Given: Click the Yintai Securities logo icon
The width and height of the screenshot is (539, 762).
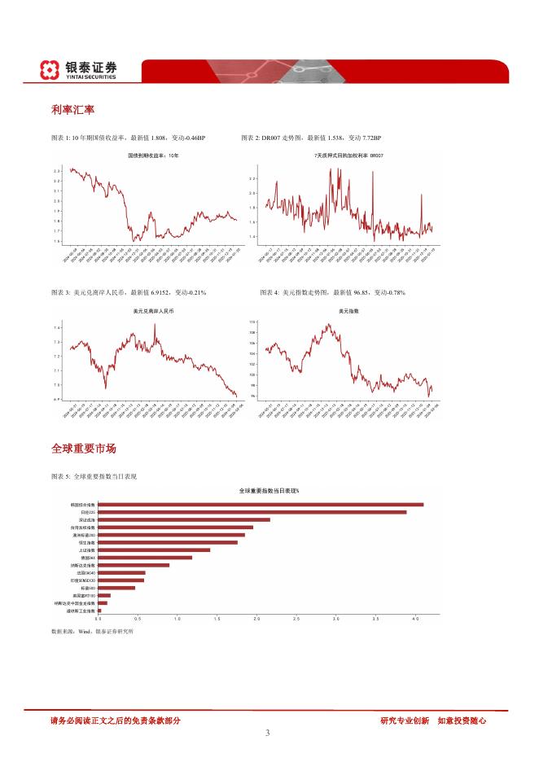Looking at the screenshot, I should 50,70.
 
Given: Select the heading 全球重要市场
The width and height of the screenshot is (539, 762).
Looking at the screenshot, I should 83,449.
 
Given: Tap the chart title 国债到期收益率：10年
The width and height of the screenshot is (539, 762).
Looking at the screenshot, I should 152,155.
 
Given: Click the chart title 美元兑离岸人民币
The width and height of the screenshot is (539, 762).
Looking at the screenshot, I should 152,311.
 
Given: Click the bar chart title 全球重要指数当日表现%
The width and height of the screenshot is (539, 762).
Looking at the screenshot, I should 269,491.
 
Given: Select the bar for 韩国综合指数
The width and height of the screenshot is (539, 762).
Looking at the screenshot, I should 261,505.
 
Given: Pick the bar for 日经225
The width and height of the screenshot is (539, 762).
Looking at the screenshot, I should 252,512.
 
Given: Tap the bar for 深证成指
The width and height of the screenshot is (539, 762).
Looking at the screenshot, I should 184,519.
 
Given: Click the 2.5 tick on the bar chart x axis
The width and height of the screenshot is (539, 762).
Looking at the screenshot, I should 296,620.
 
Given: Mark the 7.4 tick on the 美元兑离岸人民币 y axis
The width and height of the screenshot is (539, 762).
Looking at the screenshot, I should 56,327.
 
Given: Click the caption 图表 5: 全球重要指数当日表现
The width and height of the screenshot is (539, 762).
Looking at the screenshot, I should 94,476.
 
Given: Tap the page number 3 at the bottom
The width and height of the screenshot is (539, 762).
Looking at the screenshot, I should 268,733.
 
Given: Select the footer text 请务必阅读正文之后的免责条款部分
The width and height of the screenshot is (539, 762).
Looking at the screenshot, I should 115,720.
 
